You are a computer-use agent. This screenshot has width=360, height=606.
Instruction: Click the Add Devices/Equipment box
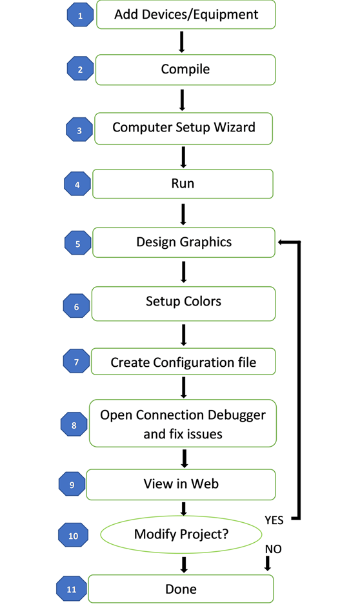(x=186, y=15)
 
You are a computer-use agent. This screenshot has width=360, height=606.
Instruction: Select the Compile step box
(x=185, y=69)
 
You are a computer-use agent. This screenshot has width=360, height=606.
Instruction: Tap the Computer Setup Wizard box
(x=184, y=128)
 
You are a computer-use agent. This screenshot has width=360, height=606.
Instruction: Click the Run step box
(x=183, y=184)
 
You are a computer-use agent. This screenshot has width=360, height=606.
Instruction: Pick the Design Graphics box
(x=184, y=242)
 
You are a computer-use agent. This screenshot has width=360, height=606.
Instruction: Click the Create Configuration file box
(x=183, y=362)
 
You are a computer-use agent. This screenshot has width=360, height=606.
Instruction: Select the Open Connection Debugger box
(x=183, y=424)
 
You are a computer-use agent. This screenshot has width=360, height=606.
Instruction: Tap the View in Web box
(x=181, y=484)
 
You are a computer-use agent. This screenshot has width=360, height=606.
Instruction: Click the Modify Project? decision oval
(x=181, y=534)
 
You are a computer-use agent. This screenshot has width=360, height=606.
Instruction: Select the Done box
(x=181, y=589)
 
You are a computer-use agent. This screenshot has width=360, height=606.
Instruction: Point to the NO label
(x=274, y=548)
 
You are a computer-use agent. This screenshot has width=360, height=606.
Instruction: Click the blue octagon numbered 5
(x=77, y=244)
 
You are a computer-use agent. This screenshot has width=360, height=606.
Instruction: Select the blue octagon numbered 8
(x=74, y=425)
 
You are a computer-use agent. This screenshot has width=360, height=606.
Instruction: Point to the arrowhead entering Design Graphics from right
(x=282, y=242)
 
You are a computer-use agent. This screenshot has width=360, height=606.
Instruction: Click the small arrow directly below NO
(x=268, y=563)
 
